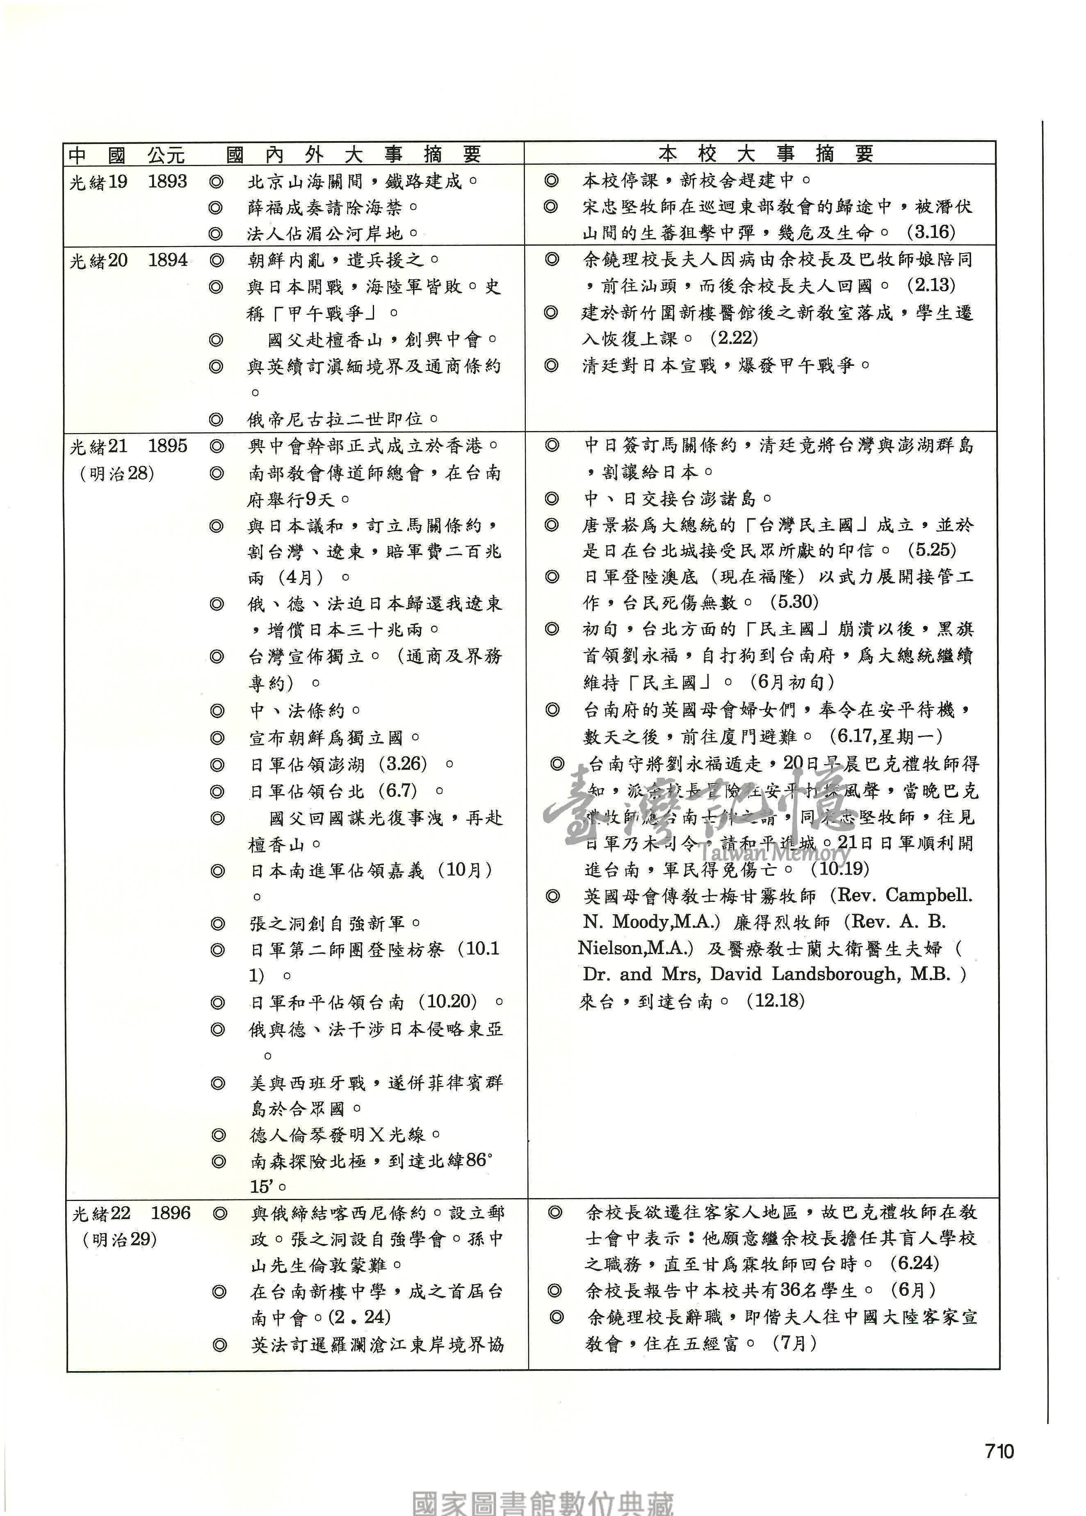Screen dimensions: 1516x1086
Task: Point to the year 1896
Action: coord(171,1212)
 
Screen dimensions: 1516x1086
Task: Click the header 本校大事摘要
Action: coord(765,154)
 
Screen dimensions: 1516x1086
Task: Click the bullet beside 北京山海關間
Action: coord(215,182)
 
